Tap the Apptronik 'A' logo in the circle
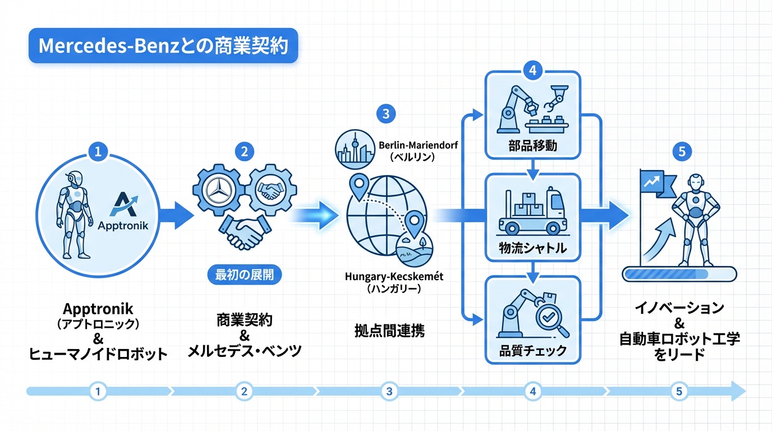click(130, 204)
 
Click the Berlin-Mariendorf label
click(418, 145)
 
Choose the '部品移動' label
click(532, 146)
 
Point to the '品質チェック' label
click(532, 352)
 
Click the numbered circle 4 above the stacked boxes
click(532, 71)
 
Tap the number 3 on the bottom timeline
click(389, 391)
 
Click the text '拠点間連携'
click(389, 330)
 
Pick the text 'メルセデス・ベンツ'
click(244, 352)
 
